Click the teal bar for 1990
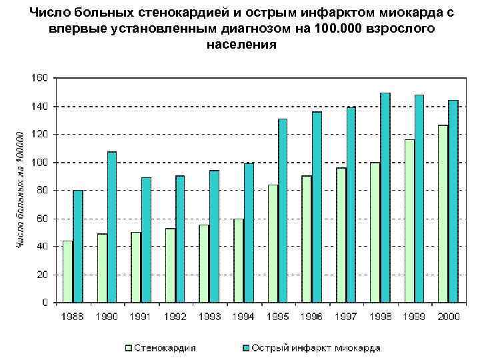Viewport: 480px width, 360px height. point(112,227)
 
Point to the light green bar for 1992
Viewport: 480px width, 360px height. point(169,265)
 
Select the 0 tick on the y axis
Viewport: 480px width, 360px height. point(44,303)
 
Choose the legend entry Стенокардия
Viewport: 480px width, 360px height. point(164,348)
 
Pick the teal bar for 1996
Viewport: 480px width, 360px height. point(317,207)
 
